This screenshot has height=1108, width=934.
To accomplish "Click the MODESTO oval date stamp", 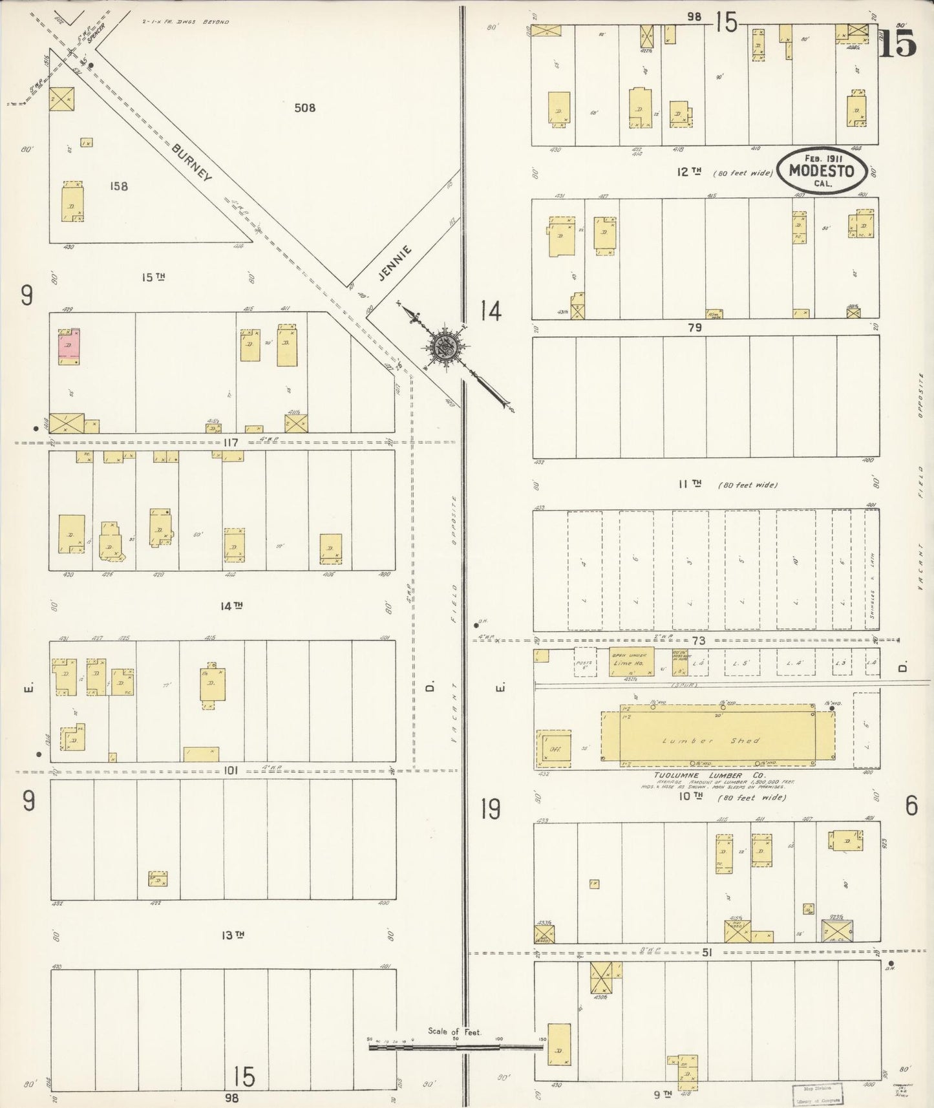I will (821, 171).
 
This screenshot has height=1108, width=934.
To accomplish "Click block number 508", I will (304, 107).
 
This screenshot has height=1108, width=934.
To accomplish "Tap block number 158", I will (119, 186).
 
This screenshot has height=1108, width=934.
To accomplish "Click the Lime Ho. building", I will (631, 663).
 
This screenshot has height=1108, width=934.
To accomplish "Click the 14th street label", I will (231, 606).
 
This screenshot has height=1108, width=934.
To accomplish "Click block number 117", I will (231, 443).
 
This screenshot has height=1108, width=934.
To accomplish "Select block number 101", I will (231, 771).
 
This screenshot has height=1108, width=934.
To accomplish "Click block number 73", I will (697, 640).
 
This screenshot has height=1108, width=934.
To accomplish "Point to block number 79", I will (694, 328).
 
